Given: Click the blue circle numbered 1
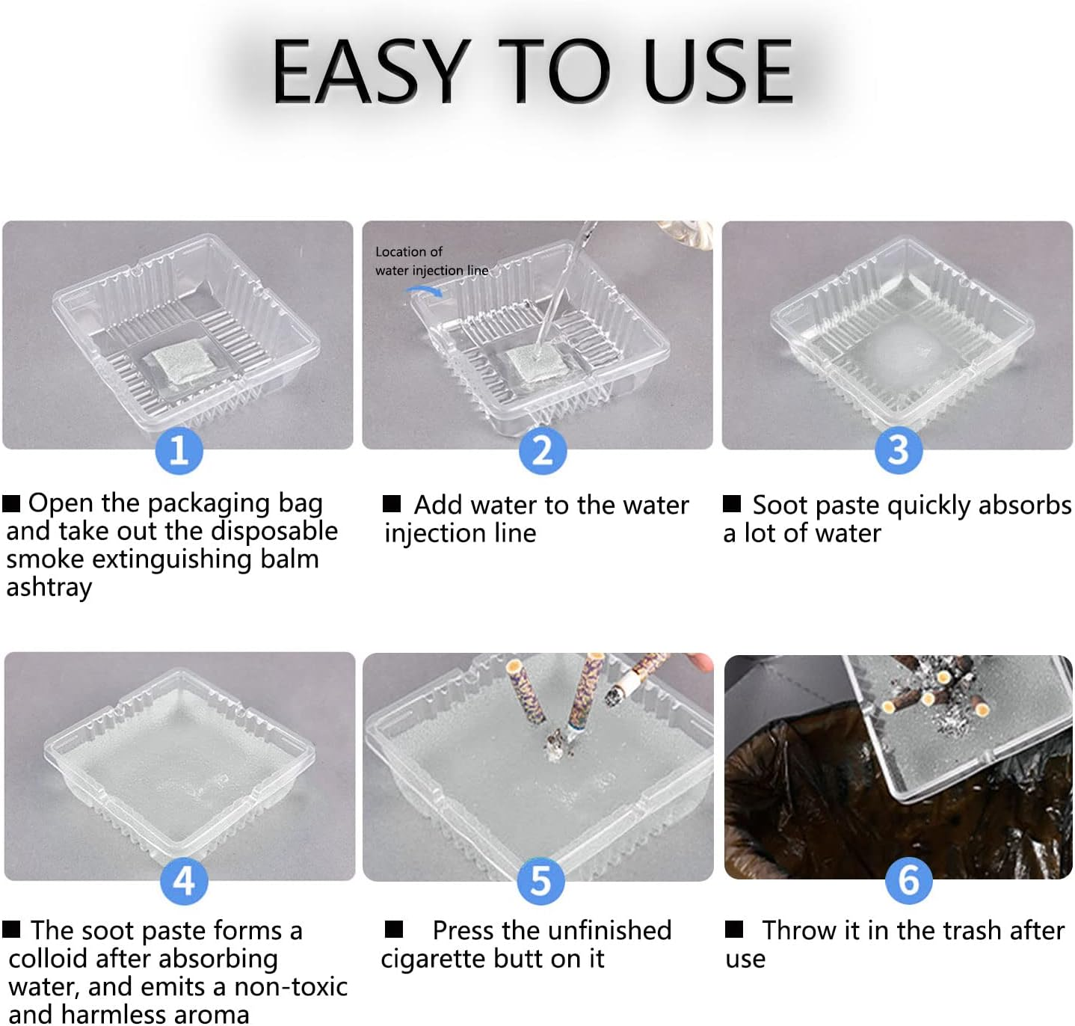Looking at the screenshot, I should tap(179, 450).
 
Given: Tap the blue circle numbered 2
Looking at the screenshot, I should tap(542, 451).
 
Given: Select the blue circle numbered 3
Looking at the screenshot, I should tap(898, 450).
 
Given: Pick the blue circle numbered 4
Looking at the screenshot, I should tap(184, 881).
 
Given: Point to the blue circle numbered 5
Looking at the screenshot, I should tap(540, 881).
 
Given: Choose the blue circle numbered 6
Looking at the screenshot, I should tap(908, 880).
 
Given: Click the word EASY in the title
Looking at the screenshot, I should tap(370, 72).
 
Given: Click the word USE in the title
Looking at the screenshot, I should tap(718, 72).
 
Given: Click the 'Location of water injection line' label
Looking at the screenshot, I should tap(431, 261).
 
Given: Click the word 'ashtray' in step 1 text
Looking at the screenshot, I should tap(49, 588).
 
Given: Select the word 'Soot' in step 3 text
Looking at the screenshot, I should tap(780, 506).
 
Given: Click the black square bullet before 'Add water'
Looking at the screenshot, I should tap(392, 503).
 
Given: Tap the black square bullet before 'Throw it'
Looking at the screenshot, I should tap(734, 929).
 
